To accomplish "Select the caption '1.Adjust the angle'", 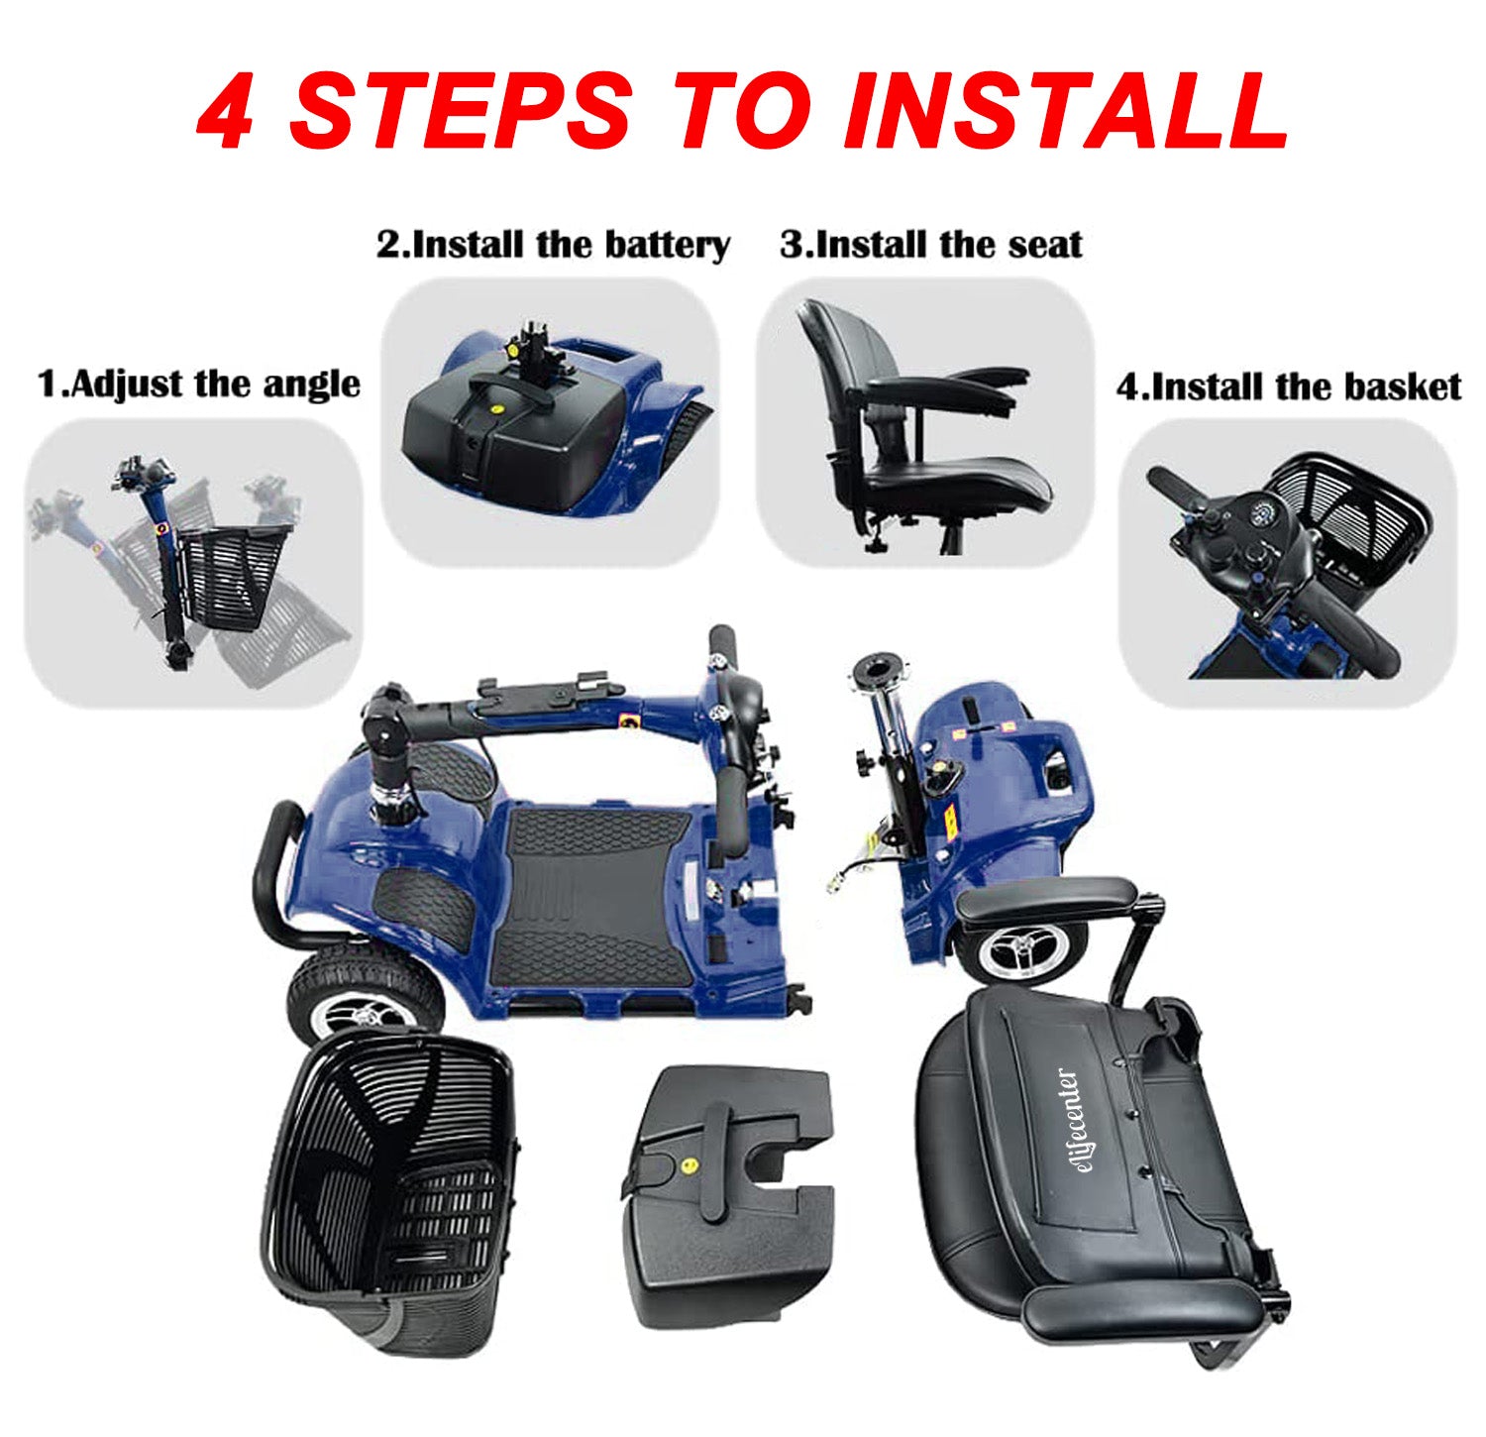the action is coord(199,384).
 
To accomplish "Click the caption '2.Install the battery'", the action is coord(554,245).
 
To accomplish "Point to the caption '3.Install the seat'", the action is coord(931,244).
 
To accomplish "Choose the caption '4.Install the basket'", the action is coord(1289,386).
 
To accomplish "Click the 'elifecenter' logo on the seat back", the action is coord(1066,1125).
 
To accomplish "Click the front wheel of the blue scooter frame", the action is coord(364,998).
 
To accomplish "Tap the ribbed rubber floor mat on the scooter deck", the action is coord(592,897).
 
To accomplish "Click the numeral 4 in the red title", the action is coord(227,111).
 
